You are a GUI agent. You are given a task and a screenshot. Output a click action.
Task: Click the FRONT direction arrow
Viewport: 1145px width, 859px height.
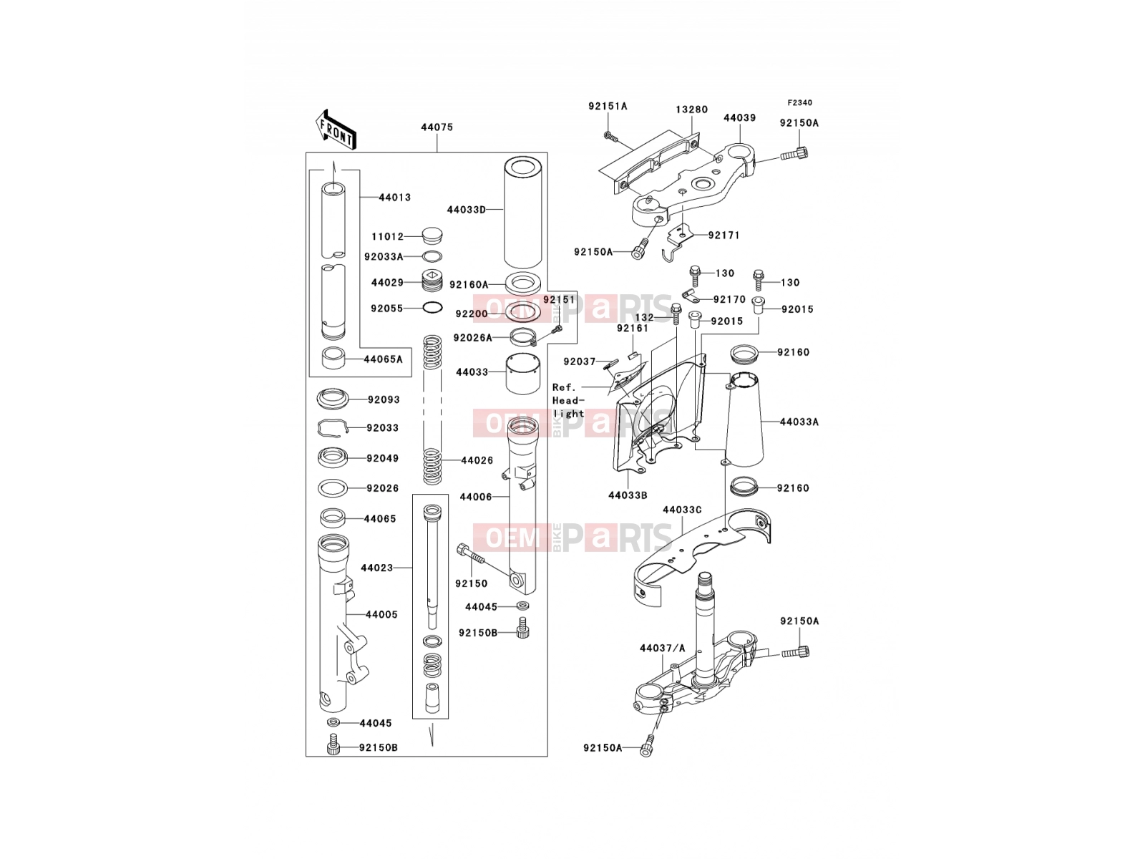point(336,130)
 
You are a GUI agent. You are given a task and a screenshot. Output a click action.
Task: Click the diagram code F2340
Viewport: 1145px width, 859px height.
point(799,103)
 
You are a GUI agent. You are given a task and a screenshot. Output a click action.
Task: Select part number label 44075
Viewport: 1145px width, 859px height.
point(437,127)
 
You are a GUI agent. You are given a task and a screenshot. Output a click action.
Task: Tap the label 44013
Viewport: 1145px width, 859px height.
point(395,197)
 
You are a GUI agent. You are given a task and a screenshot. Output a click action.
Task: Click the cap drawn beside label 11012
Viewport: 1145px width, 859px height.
point(432,236)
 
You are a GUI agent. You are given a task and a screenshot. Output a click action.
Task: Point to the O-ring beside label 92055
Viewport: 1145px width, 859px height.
point(432,309)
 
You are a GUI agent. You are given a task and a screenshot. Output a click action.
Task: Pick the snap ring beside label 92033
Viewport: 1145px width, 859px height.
point(332,428)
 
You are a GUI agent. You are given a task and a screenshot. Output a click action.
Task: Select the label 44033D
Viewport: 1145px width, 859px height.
point(467,210)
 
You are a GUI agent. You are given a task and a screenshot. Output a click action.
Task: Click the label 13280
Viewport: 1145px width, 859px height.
point(692,110)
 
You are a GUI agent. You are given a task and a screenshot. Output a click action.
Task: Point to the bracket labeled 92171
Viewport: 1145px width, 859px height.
point(675,242)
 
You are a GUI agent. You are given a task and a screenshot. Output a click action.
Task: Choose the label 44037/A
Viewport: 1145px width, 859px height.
point(663,648)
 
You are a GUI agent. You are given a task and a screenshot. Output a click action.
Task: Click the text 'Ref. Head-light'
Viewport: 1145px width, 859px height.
point(568,400)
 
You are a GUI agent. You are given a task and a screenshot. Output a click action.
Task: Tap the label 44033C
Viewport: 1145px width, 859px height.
point(682,510)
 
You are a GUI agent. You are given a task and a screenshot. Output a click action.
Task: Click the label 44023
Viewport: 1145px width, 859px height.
point(376,568)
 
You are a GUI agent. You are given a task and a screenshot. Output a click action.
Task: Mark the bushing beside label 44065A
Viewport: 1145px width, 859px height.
point(333,358)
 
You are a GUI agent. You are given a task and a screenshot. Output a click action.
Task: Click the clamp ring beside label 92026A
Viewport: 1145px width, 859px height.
point(523,337)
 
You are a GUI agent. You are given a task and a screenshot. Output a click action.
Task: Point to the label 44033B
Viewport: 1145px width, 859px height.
point(628,495)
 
